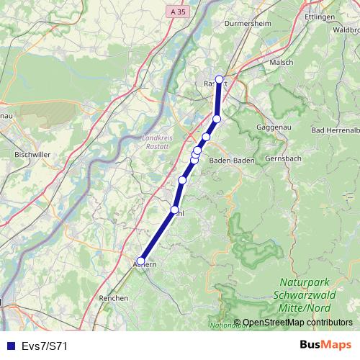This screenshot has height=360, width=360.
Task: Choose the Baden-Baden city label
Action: pyautogui.click(x=231, y=161)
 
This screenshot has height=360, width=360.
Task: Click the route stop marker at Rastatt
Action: pyautogui.click(x=220, y=80)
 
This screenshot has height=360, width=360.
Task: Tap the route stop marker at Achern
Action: pyautogui.click(x=141, y=261)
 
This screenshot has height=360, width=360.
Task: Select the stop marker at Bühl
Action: pyautogui.click(x=174, y=210)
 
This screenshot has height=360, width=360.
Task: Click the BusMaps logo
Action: pyautogui.click(x=326, y=344)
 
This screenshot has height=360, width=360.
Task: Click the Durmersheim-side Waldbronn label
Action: pyautogui.click(x=346, y=30)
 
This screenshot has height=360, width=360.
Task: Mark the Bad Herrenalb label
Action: pyautogui.click(x=335, y=130)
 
